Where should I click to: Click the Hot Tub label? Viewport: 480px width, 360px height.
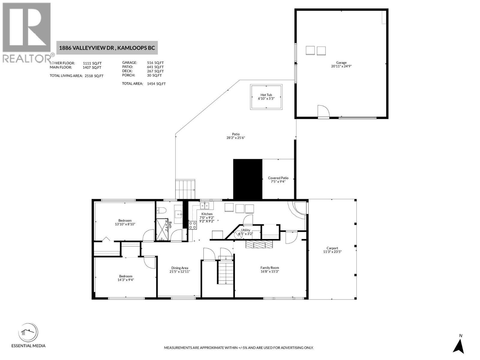266,95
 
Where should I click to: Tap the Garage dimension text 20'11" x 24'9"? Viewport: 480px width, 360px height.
341,66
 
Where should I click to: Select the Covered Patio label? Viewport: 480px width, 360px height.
278,178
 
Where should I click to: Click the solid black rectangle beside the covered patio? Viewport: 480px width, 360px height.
247,179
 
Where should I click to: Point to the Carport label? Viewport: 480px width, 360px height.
332,248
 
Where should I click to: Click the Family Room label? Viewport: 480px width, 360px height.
269,268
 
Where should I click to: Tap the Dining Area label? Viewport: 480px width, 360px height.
180,268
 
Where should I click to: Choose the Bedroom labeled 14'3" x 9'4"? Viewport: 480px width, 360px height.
125,276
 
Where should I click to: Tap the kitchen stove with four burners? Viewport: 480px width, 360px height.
192,225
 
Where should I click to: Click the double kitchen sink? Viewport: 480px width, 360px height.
205,205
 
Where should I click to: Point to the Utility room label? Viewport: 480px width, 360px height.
245,230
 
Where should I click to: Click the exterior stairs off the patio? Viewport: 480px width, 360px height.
185,189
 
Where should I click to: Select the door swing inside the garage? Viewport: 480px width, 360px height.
323,111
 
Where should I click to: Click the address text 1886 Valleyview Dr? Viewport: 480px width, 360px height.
87,48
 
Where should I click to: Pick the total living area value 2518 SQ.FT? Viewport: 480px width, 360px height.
94,76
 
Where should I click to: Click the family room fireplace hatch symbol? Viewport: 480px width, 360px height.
259,244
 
